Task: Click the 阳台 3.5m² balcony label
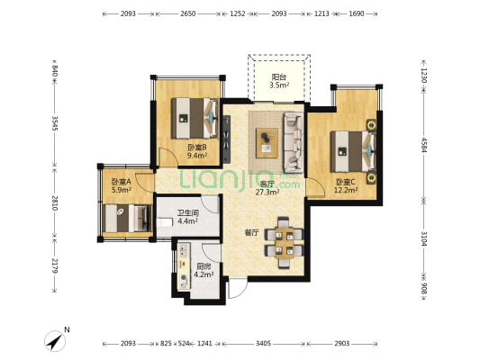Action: point(279,81)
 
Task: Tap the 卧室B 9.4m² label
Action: point(197,151)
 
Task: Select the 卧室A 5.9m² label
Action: point(122,185)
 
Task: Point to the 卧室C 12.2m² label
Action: point(346,186)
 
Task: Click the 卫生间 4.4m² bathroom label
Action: point(187,217)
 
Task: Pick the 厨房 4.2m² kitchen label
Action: point(204,271)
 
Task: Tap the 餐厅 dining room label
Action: point(251,233)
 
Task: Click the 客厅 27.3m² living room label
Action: point(267,188)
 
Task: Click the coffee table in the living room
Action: point(267,143)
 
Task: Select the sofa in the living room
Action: point(294,142)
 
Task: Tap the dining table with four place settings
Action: point(284,243)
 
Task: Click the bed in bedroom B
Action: point(195,118)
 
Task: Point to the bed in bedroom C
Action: point(353,151)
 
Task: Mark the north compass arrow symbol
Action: point(56,341)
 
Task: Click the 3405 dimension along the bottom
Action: point(263,344)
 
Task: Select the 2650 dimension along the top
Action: point(188,13)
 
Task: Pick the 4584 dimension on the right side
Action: point(424,145)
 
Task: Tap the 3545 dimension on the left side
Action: point(55,123)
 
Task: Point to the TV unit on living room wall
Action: point(226,139)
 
